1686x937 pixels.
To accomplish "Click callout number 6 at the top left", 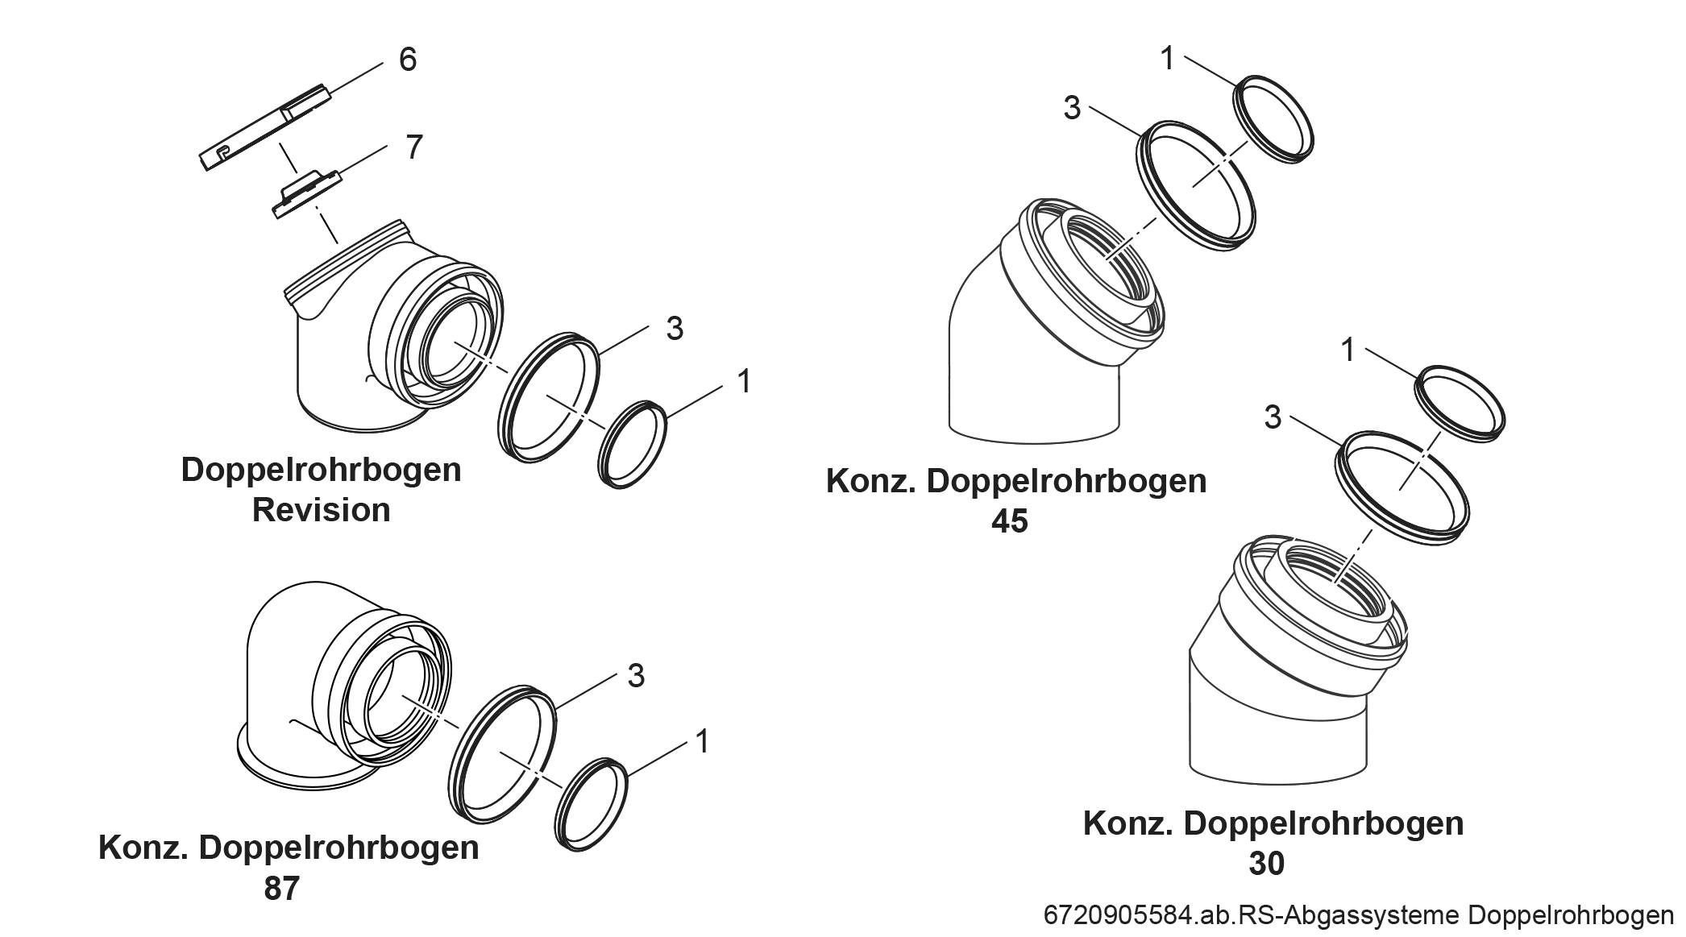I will (408, 60).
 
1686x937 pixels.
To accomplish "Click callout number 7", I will (413, 147).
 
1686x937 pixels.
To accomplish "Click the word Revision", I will (321, 510).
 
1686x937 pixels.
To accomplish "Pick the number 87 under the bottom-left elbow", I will (281, 889).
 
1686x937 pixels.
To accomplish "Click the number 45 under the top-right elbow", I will (1009, 522).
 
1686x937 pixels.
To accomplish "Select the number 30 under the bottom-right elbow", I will (1266, 864).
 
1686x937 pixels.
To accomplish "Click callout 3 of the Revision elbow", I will (675, 329).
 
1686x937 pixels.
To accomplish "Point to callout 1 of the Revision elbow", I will (744, 382).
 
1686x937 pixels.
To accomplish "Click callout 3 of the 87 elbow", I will (636, 676).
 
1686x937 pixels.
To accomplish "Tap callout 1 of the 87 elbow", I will (702, 741).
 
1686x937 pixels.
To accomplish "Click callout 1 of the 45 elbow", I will (1168, 59).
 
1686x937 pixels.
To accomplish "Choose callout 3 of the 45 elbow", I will (1071, 108).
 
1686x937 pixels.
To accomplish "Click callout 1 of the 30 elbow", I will (1348, 350).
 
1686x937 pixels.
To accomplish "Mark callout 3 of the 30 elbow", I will (1273, 417).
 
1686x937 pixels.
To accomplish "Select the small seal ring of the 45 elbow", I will (1274, 119).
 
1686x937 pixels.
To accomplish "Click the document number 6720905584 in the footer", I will (1117, 916).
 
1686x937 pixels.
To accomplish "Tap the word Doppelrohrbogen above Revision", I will (321, 470).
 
